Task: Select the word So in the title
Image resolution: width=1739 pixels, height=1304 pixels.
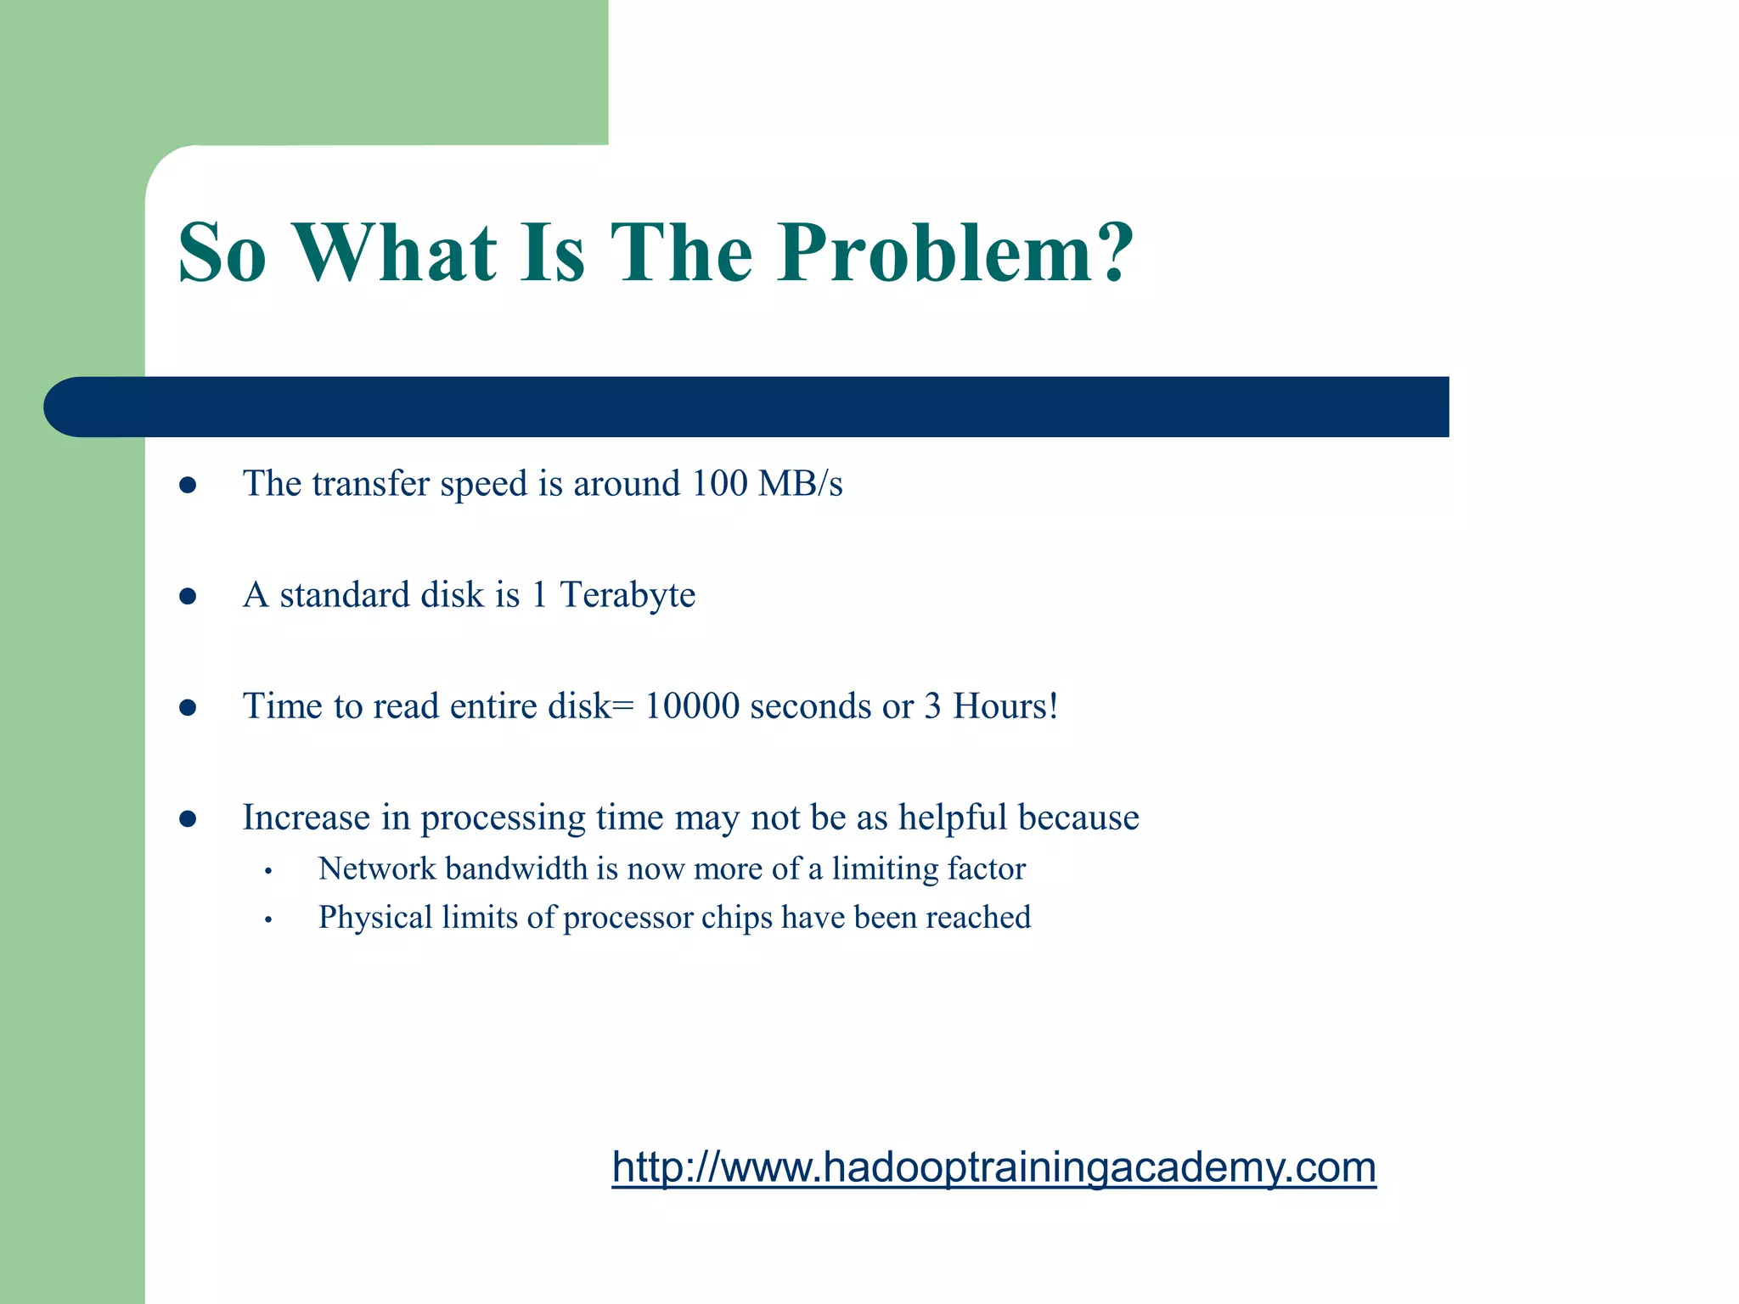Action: tap(222, 253)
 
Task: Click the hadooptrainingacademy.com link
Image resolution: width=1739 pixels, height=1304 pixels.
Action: tap(993, 1167)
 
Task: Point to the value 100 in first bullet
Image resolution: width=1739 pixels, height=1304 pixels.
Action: tap(719, 484)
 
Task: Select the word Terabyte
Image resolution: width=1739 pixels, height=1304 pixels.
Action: tap(628, 595)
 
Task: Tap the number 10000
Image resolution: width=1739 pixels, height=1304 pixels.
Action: tap(692, 706)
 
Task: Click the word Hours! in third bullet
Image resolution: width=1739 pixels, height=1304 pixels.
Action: tap(1005, 706)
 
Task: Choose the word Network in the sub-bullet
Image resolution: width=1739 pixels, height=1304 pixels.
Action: tap(376, 868)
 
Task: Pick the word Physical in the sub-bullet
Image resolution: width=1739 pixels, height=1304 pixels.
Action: tap(375, 918)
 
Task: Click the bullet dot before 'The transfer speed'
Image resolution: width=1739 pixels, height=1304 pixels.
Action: tap(189, 486)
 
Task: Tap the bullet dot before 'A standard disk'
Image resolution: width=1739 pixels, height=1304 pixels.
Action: tap(189, 597)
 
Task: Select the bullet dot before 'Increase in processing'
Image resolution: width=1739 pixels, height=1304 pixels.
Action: tap(189, 819)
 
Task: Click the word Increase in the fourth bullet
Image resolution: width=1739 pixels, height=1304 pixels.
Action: tap(307, 818)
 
